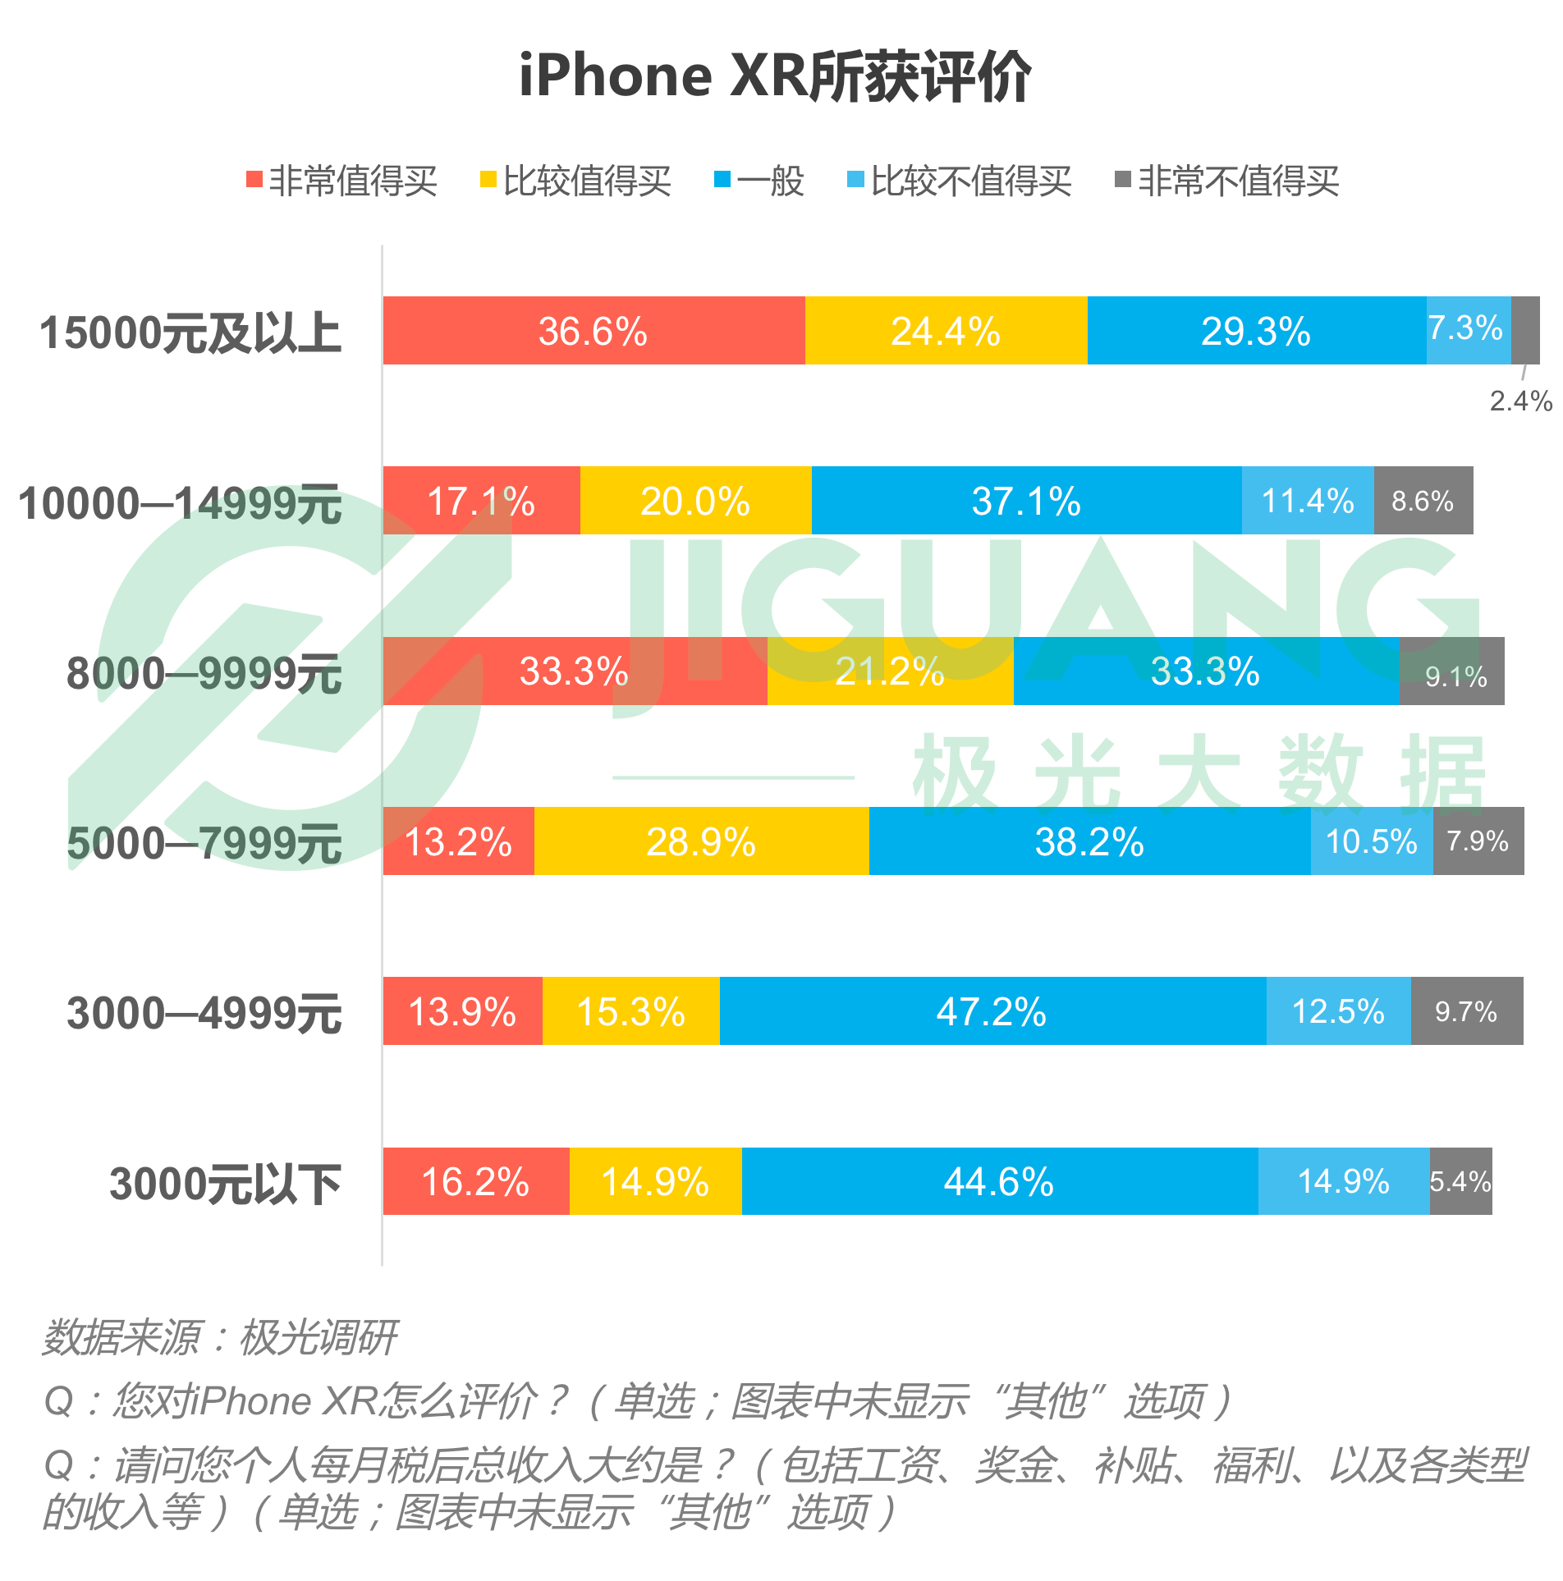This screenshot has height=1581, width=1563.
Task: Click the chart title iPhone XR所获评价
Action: tap(775, 76)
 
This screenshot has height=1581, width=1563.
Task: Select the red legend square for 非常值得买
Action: tap(254, 180)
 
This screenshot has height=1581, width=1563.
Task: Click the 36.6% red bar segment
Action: tap(594, 331)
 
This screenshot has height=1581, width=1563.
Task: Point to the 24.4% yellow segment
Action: tap(946, 331)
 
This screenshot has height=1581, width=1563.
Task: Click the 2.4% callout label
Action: tap(1520, 401)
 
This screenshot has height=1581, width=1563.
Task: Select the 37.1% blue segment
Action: tap(1026, 501)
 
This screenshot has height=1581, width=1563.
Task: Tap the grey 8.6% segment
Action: tap(1423, 501)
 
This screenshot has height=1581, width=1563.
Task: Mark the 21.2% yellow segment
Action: tap(890, 671)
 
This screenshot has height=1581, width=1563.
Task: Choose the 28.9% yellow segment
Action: tap(701, 841)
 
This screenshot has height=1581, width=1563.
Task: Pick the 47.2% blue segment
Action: tap(992, 1011)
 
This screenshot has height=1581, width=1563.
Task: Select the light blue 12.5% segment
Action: tap(1338, 1011)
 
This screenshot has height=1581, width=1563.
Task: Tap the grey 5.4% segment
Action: tap(1460, 1181)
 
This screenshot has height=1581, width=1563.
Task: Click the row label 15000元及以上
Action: tap(190, 332)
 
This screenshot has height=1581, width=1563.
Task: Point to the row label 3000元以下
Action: tap(225, 1184)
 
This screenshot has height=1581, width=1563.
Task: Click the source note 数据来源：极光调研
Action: tap(220, 1338)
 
